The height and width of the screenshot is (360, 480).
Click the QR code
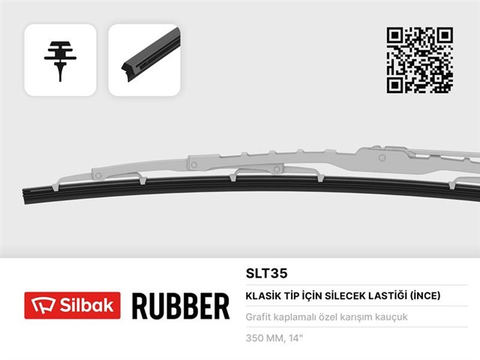[x=419, y=60]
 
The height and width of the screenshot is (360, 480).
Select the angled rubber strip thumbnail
[x=144, y=59]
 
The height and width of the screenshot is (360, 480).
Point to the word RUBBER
[x=180, y=306]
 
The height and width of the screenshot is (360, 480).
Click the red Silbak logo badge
[x=72, y=305]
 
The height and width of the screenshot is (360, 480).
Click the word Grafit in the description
[x=259, y=316]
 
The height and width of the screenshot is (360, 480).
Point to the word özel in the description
[x=337, y=316]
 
